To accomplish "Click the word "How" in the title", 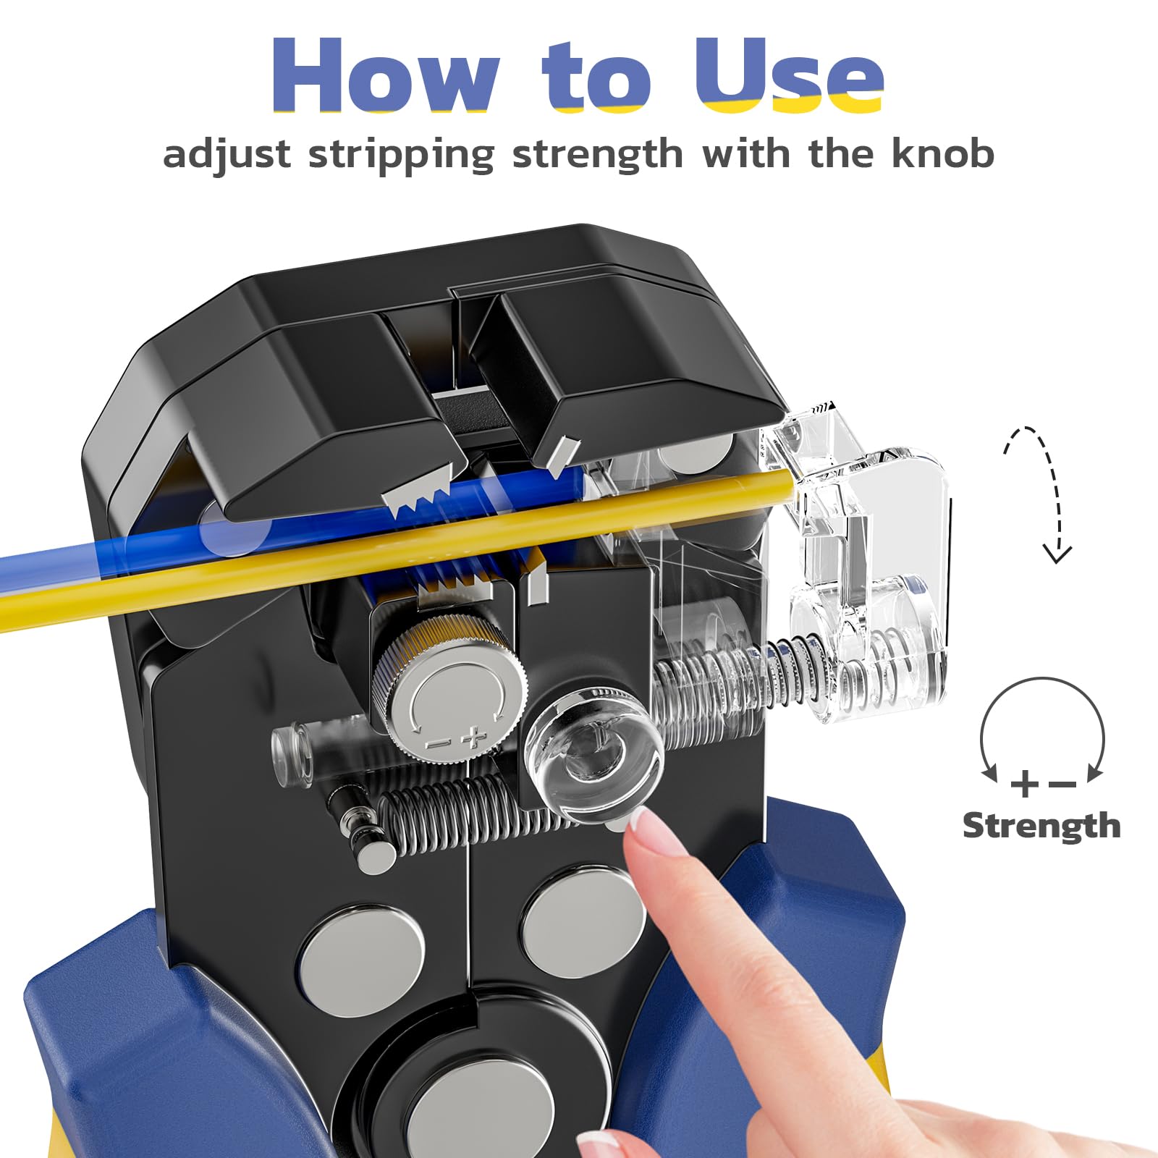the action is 385,75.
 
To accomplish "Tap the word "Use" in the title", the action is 790,75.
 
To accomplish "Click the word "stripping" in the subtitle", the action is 402,155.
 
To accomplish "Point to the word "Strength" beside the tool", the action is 1041,826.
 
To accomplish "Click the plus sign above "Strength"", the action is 1025,784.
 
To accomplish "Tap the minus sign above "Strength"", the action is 1062,784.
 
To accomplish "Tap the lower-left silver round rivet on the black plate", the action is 362,959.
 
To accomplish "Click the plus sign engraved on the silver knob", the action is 474,737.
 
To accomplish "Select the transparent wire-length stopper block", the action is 858,557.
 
